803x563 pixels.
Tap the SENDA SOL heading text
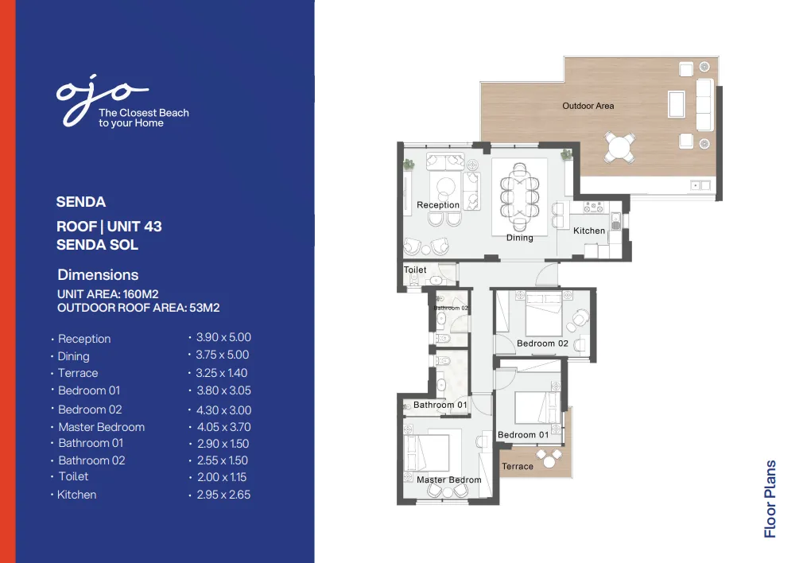coord(97,245)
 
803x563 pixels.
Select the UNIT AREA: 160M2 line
coord(108,294)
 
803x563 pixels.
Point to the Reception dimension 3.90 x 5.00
coord(223,338)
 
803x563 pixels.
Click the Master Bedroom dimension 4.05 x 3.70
coord(223,427)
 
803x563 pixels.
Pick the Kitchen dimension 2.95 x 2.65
coord(223,495)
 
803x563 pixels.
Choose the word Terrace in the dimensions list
coord(78,373)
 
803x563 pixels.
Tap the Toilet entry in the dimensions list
coord(73,476)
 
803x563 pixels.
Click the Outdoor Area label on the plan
coord(588,106)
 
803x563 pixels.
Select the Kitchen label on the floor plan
coord(589,231)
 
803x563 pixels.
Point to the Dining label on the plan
coord(520,238)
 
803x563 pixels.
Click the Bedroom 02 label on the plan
coord(542,344)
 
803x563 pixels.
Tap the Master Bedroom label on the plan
coord(449,480)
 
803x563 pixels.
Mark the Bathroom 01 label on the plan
coord(440,405)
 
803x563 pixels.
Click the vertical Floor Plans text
coord(770,499)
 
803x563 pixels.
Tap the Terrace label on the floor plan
coord(518,467)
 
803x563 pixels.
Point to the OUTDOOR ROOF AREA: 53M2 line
coord(138,308)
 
